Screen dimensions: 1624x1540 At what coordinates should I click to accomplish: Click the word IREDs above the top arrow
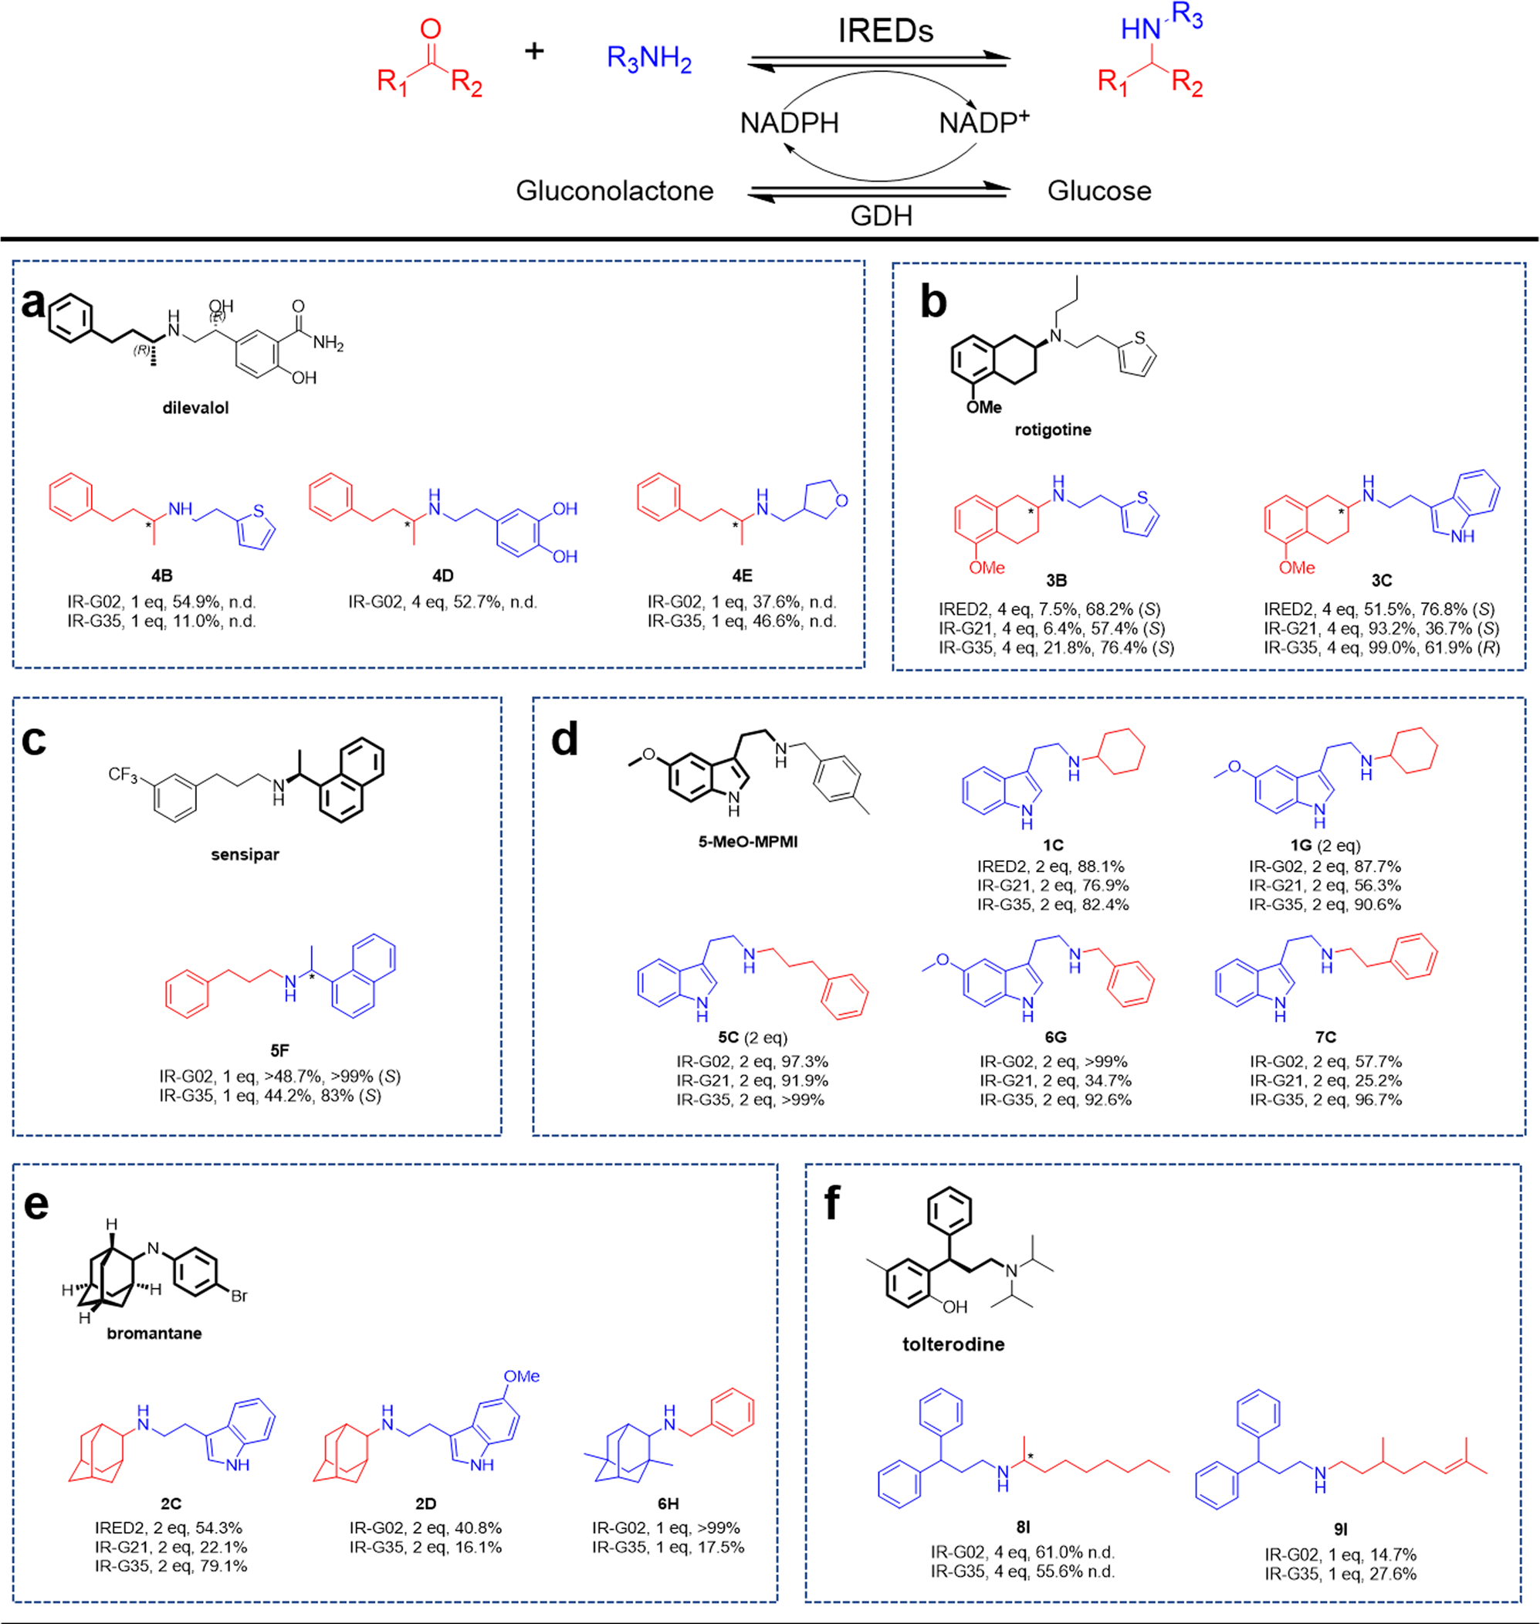[x=885, y=31]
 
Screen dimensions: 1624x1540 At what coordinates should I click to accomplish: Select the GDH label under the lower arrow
[x=881, y=216]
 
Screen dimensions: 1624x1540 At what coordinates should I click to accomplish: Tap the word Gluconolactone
[x=614, y=191]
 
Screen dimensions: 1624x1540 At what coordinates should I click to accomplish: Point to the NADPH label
[x=789, y=123]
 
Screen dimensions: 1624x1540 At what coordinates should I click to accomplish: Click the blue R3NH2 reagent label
[x=648, y=58]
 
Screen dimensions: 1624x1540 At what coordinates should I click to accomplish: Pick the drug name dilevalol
[x=195, y=408]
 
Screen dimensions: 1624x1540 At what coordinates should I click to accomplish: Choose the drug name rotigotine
[x=1052, y=429]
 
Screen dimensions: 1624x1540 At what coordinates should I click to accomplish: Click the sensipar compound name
[x=245, y=855]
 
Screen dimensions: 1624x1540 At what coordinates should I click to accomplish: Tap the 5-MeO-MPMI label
[x=748, y=842]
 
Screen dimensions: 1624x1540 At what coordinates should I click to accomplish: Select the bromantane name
[x=154, y=1334]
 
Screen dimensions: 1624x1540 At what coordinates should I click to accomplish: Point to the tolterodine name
[x=953, y=1344]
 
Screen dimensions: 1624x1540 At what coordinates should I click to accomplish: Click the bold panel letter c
[x=34, y=740]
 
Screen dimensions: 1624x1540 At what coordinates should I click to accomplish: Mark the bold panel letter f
[x=831, y=1203]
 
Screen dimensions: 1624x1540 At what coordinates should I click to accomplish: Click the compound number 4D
[x=442, y=575]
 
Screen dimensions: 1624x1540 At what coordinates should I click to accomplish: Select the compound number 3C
[x=1382, y=581]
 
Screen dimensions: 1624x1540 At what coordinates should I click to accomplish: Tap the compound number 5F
[x=279, y=1050]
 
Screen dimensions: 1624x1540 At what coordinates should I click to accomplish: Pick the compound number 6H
[x=668, y=1504]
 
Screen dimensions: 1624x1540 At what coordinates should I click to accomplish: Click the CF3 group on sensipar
[x=124, y=775]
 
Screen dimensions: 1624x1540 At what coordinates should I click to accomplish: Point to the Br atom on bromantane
[x=239, y=1297]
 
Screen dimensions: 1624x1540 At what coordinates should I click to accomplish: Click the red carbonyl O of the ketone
[x=430, y=29]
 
